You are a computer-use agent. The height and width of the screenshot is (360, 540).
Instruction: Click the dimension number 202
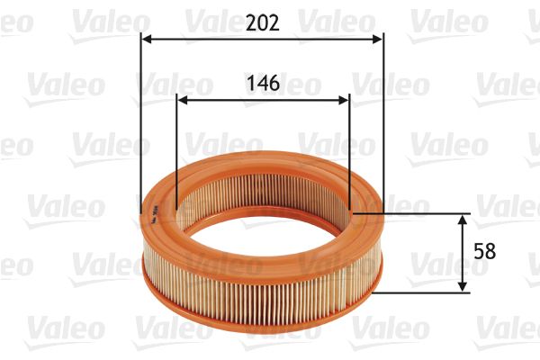point(262,21)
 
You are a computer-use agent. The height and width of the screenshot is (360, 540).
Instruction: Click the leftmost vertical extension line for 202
point(141,126)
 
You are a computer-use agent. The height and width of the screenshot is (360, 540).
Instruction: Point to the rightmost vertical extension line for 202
point(384,126)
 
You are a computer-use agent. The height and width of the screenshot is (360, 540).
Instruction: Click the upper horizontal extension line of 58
point(414,213)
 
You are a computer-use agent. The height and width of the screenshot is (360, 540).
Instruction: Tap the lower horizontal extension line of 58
point(423,292)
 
